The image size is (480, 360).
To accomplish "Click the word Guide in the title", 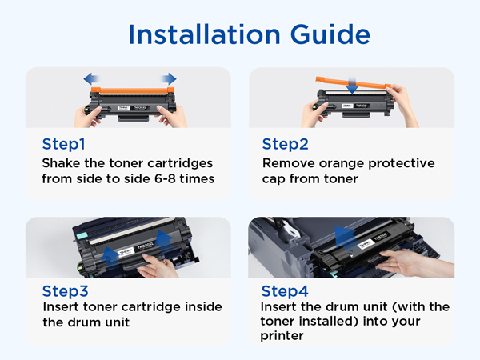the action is click(x=330, y=35).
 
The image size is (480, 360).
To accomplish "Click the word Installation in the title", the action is click(x=205, y=34).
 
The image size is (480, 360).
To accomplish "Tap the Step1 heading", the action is click(x=64, y=144).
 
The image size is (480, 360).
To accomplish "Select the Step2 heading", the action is click(x=285, y=144).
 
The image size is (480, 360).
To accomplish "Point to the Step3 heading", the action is click(x=66, y=291).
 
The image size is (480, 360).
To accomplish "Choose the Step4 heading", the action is click(x=285, y=291).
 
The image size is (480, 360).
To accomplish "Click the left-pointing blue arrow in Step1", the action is click(x=91, y=79).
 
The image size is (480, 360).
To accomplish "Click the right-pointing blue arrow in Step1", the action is click(x=168, y=79).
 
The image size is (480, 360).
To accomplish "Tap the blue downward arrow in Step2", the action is click(x=352, y=86).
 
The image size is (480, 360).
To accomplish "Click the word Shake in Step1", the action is click(x=62, y=163).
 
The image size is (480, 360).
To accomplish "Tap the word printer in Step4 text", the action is click(x=282, y=336).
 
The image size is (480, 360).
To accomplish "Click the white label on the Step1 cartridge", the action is click(x=134, y=108).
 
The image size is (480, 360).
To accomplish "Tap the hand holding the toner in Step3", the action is click(x=157, y=266).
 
